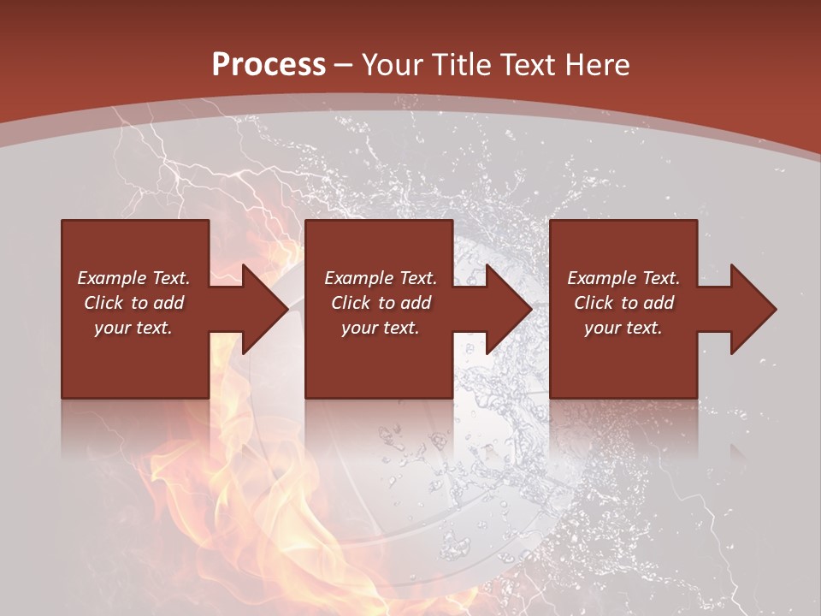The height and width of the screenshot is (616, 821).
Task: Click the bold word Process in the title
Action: (269, 65)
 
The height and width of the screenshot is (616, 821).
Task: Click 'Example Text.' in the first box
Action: (133, 278)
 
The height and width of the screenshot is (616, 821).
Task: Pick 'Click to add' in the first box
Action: (133, 303)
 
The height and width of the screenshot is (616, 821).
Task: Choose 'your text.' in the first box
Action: (133, 328)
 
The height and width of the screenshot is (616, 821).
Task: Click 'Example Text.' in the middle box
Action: (381, 278)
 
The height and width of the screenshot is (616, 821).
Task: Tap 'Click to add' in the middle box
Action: (381, 303)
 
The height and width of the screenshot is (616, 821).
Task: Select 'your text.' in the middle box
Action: (381, 328)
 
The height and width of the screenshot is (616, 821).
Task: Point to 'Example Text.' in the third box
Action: (623, 278)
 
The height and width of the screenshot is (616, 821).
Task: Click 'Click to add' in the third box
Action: (623, 303)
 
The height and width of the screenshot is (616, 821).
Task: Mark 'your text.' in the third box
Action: (623, 328)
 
